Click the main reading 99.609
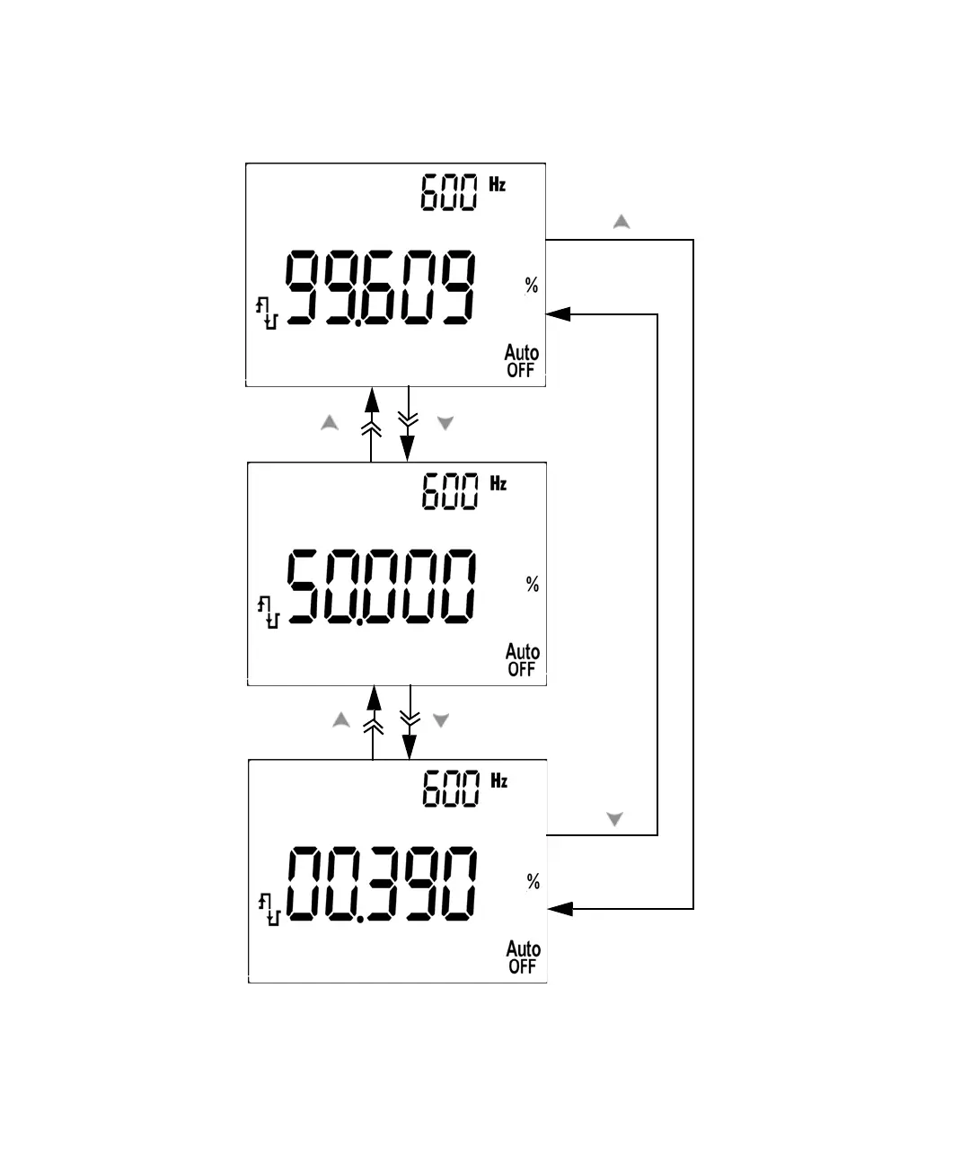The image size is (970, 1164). (380, 288)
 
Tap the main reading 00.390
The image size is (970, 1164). (382, 885)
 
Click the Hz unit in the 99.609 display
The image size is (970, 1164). (498, 184)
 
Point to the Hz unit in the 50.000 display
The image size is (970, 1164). (498, 483)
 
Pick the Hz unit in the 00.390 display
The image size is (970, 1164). (499, 780)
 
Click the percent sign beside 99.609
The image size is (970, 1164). (532, 286)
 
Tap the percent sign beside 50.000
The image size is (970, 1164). (533, 585)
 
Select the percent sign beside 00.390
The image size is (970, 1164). (533, 882)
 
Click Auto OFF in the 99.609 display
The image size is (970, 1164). (521, 361)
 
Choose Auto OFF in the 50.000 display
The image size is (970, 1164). (522, 660)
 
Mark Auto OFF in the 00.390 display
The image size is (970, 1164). (523, 957)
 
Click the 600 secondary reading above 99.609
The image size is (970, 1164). (450, 193)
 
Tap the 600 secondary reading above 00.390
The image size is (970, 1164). (452, 789)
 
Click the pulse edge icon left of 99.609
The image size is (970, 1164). (267, 314)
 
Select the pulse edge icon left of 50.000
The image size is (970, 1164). (269, 612)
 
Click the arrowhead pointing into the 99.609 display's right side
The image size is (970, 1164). (558, 314)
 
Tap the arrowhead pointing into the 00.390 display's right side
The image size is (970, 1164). (560, 909)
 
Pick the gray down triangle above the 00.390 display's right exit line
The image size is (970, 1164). (615, 819)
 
